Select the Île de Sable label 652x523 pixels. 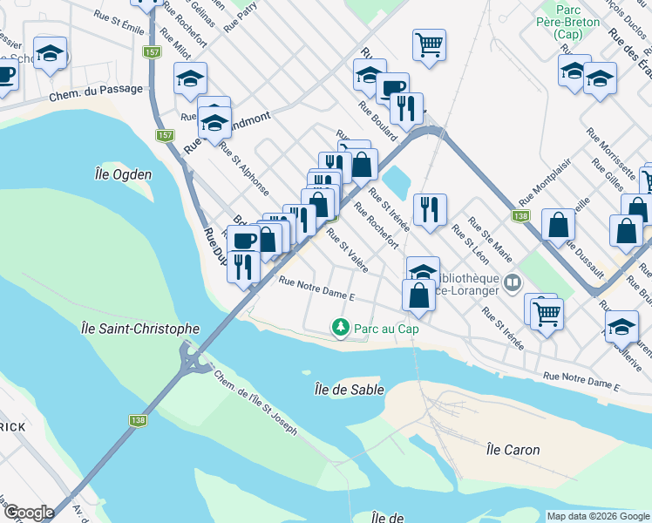(349, 390)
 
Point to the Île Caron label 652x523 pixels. (513, 450)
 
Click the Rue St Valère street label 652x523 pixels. (347, 250)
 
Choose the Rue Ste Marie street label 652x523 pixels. (491, 238)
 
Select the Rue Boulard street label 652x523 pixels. (378, 121)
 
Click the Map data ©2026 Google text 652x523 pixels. (598, 516)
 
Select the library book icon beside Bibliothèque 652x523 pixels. (513, 282)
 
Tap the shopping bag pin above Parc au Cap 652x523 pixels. (419, 295)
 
